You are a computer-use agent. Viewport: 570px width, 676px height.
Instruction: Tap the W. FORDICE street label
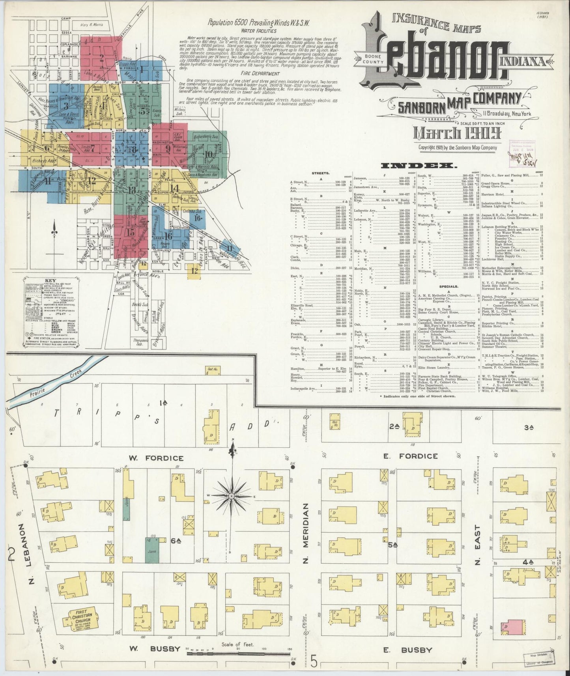pos(156,458)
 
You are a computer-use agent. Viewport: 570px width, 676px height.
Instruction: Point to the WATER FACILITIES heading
pos(259,31)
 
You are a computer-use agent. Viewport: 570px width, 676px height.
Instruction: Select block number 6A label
pos(175,542)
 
